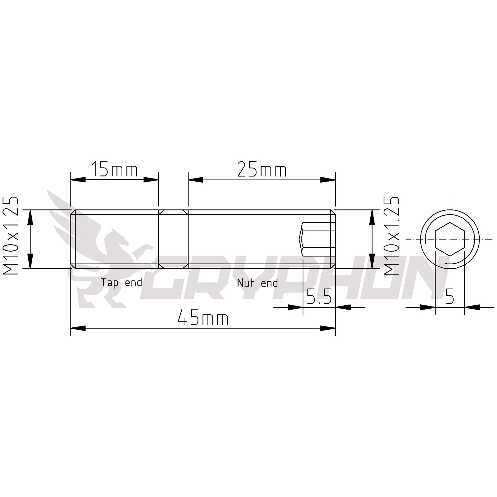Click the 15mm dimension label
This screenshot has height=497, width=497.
click(x=114, y=169)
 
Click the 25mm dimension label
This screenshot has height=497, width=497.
click(x=262, y=169)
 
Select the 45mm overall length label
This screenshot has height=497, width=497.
click(x=203, y=318)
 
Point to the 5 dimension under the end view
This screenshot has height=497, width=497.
click(x=449, y=296)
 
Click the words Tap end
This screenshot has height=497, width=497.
click(x=121, y=282)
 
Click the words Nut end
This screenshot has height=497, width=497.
click(x=257, y=283)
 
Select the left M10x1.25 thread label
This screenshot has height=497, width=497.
click(x=11, y=236)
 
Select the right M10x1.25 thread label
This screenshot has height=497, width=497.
click(x=392, y=236)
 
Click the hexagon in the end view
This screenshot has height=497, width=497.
click(x=450, y=239)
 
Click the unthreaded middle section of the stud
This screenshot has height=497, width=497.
click(x=173, y=239)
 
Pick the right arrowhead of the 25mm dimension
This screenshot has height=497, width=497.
click(x=328, y=180)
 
